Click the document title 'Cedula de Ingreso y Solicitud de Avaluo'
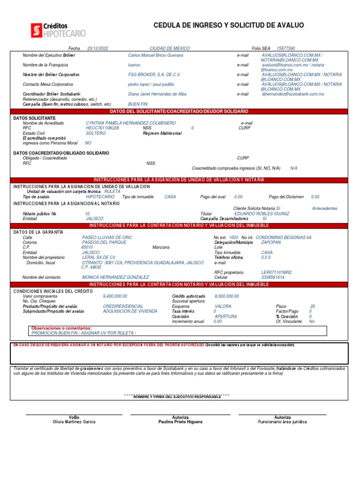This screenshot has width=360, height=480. click(x=229, y=25)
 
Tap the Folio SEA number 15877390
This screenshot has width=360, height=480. click(x=286, y=48)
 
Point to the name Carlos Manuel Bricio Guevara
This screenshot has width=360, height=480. click(x=156, y=55)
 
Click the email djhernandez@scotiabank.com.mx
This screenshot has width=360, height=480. click(x=293, y=94)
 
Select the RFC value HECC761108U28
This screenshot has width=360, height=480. click(x=102, y=128)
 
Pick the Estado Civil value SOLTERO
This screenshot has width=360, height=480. click(x=96, y=133)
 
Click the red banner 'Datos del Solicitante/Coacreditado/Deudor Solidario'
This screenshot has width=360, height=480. click(x=179, y=112)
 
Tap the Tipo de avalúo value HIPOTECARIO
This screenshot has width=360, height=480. click(x=100, y=197)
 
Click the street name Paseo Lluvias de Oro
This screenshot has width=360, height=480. click(x=107, y=237)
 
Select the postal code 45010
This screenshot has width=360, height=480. click(x=87, y=247)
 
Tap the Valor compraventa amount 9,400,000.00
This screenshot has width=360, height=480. click(x=115, y=296)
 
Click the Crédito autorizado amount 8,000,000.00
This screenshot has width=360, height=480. click(x=226, y=296)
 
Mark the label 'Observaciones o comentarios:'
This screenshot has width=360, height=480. click(x=61, y=328)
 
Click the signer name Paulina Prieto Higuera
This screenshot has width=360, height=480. click(x=180, y=422)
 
